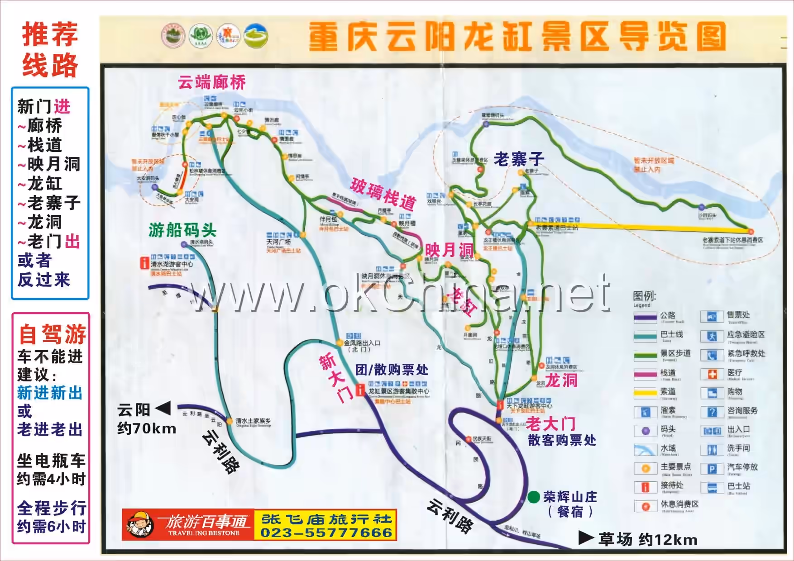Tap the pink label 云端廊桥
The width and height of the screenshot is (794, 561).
click(211, 82)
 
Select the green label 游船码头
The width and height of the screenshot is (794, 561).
click(182, 230)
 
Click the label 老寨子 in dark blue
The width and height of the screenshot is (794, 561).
click(519, 159)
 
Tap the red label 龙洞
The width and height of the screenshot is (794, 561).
click(561, 380)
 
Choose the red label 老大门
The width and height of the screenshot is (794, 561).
click(550, 424)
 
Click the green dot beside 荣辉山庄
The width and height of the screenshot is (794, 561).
click(534, 497)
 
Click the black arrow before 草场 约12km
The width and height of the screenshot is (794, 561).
click(586, 537)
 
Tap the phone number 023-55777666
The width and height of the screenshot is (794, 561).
click(326, 533)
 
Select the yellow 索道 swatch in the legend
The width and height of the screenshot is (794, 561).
click(645, 392)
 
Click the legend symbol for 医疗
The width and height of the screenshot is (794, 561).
click(712, 374)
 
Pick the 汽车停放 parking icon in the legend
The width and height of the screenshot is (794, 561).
click(712, 469)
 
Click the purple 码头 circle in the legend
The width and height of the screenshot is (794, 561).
click(646, 431)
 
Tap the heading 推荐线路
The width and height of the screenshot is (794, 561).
click(50, 50)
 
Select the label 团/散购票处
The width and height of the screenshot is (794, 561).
click(392, 370)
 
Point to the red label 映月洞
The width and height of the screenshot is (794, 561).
click(448, 250)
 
